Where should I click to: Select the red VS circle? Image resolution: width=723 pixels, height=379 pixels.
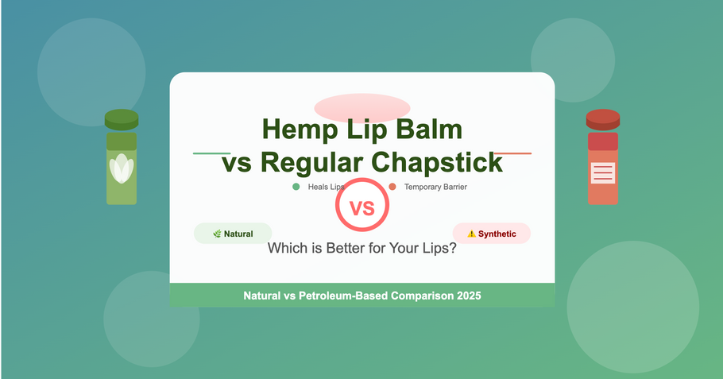pos(361,208)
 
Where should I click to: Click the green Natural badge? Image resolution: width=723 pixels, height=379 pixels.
pos(233,234)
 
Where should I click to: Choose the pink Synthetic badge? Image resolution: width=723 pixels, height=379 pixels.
pos(491,234)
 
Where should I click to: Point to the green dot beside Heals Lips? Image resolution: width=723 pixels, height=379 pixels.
pos(296,187)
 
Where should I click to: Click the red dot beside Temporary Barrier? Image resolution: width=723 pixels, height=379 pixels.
pos(392,187)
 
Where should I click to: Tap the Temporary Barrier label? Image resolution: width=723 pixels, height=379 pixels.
pos(435,187)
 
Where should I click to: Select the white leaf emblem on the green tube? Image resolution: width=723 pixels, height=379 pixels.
pos(122,168)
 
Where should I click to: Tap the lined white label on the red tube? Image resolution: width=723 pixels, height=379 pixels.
pos(602,172)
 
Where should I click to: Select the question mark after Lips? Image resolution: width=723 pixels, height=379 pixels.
pos(453,248)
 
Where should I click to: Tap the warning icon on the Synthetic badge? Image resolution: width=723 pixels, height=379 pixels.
pos(471,234)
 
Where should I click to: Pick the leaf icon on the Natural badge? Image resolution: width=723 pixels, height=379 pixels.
pos(217,234)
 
